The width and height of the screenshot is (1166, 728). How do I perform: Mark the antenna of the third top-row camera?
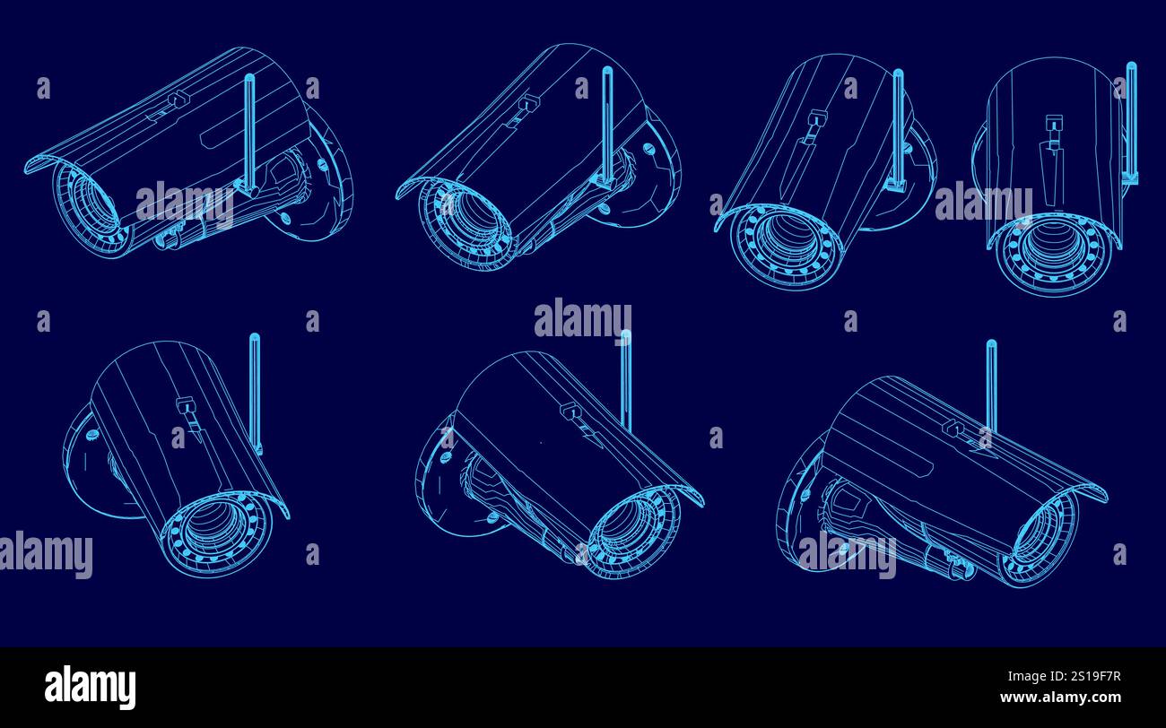[897, 126]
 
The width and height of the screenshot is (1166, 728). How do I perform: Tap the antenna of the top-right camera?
[1131, 117]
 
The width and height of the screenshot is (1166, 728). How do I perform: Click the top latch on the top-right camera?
[1051, 126]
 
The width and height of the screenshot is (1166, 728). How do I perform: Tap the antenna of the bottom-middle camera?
[625, 377]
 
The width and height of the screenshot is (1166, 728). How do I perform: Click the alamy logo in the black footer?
[90, 687]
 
